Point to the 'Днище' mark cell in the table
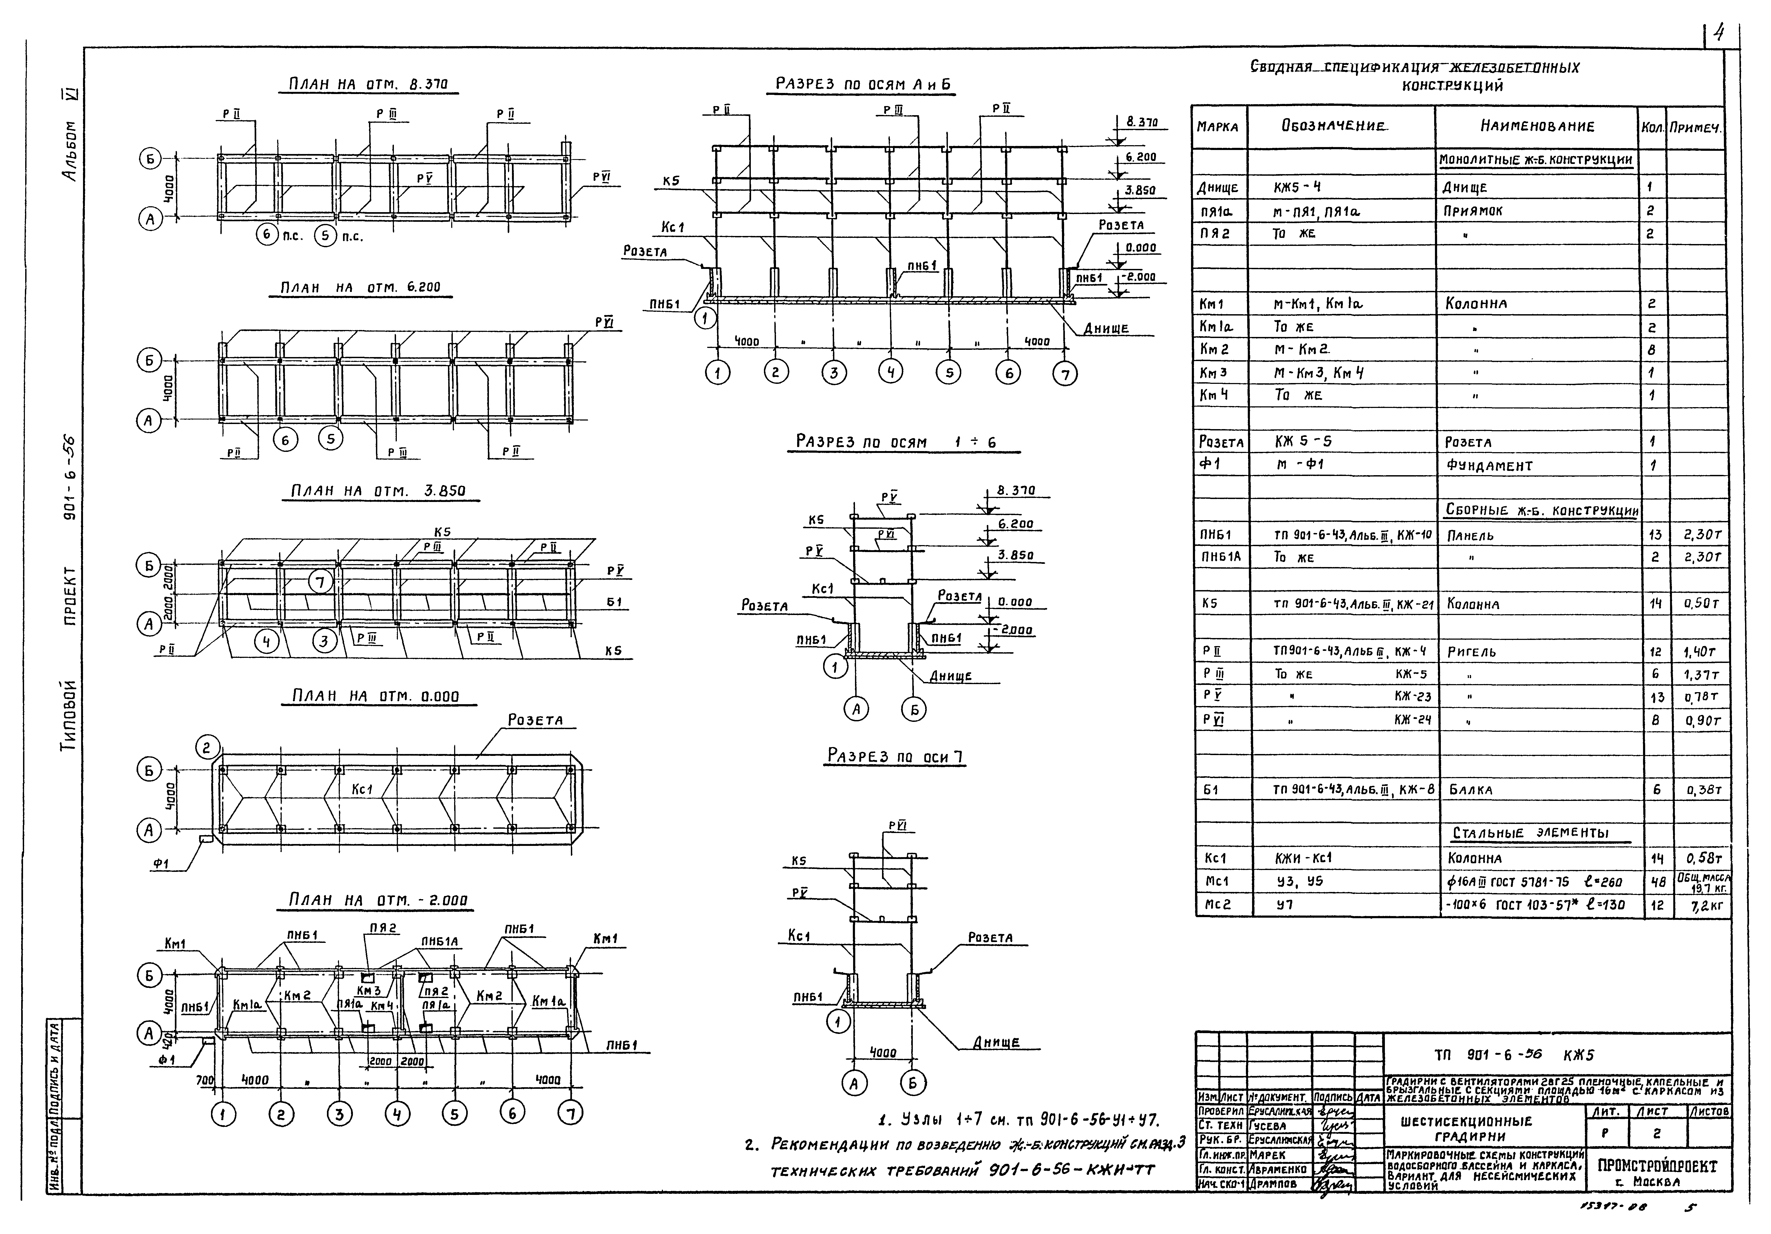(x=1218, y=187)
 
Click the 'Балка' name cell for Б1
(x=1470, y=790)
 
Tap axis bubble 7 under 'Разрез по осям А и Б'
(x=1065, y=374)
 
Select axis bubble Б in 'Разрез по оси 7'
(x=913, y=1084)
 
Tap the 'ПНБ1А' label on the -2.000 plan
(x=440, y=942)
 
